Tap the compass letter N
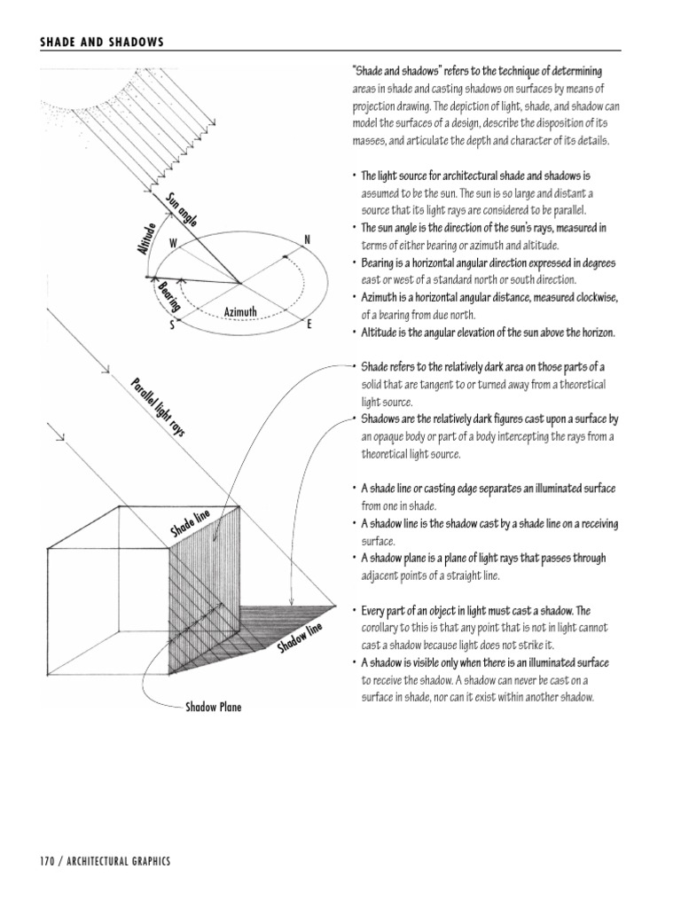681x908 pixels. (307, 240)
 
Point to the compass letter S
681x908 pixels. (174, 325)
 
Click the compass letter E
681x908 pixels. (309, 325)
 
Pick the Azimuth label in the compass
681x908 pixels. (240, 312)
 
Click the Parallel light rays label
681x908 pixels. (154, 405)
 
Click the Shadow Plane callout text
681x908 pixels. (213, 708)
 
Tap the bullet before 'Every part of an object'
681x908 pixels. (354, 611)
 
